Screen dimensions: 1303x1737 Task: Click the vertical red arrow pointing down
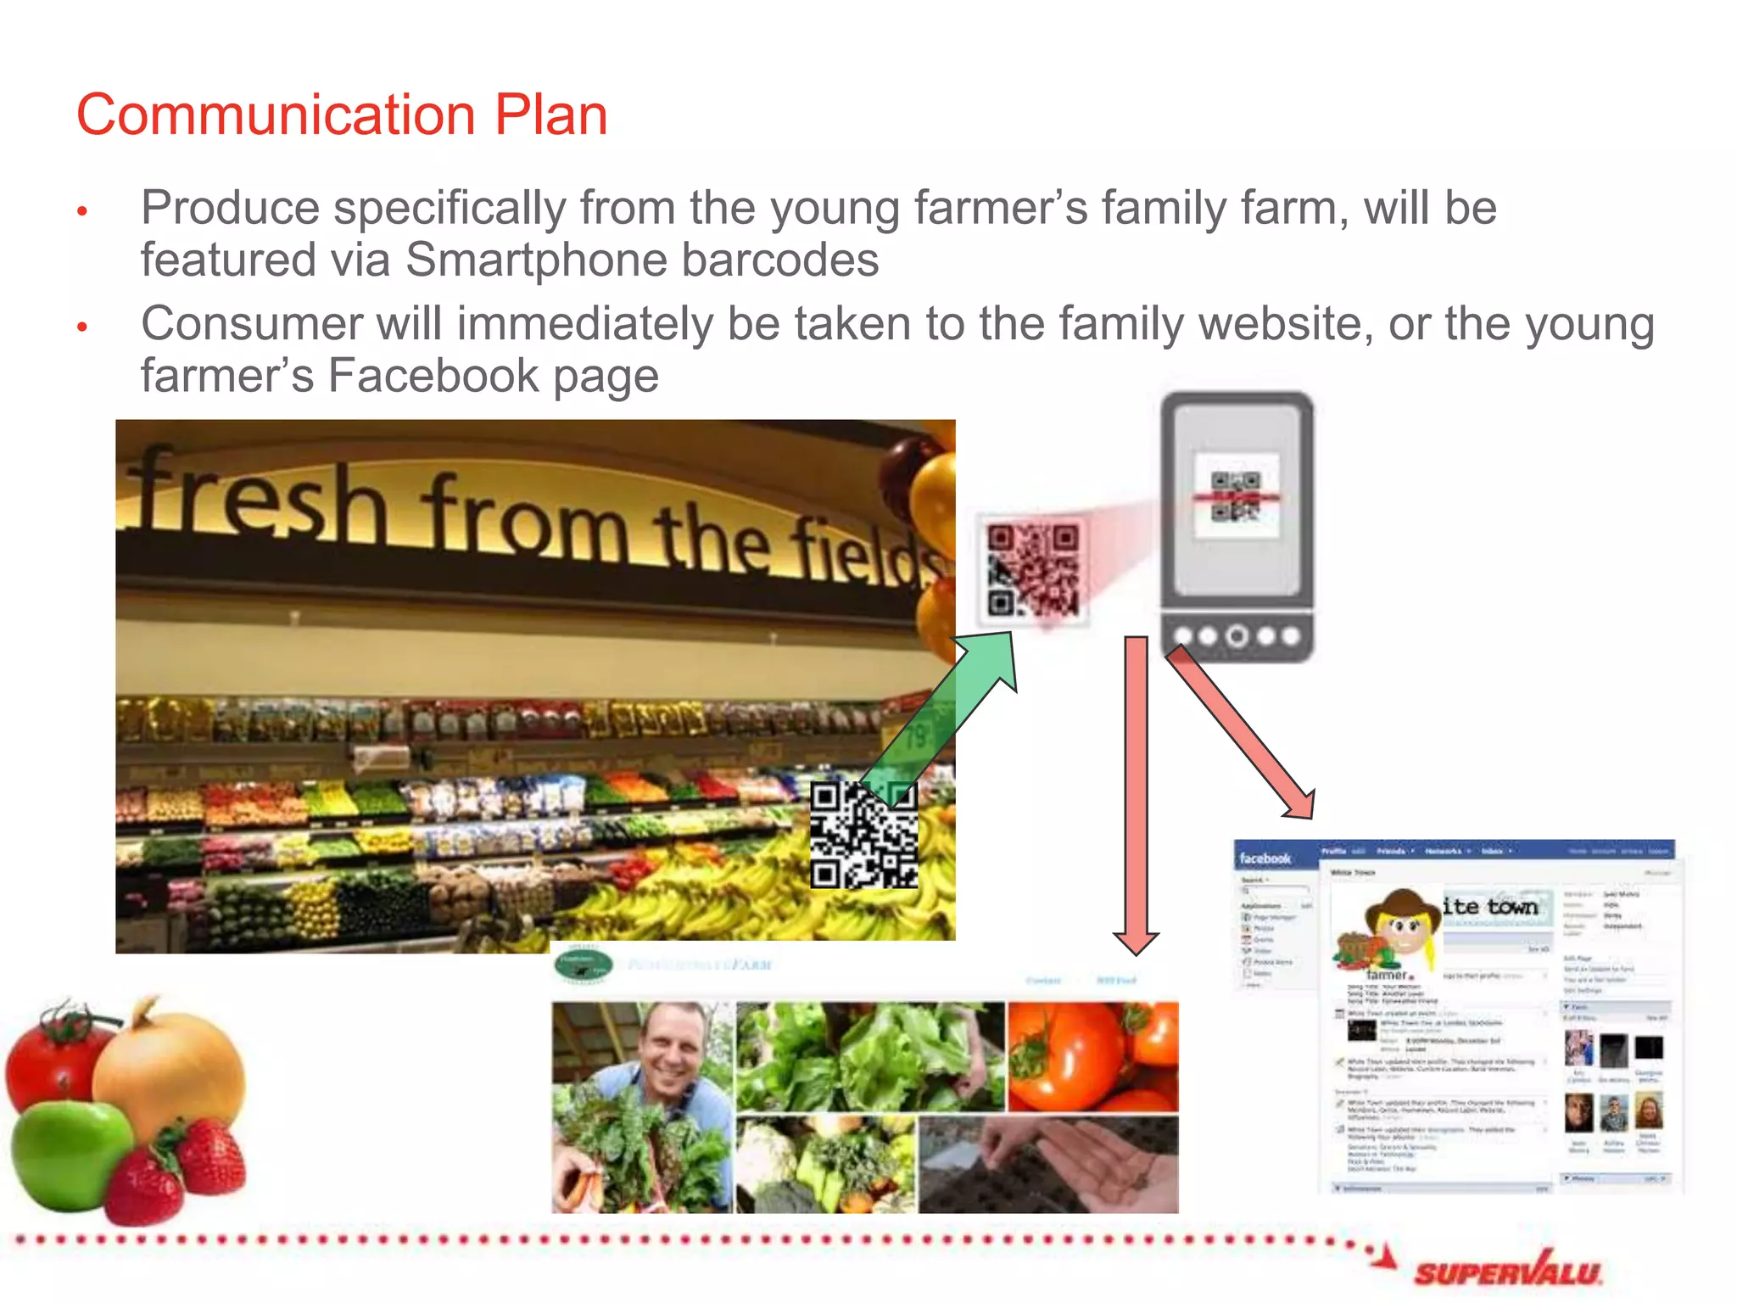(1137, 789)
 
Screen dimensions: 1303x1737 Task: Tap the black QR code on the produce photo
(863, 836)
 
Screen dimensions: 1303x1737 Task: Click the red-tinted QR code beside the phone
(1032, 569)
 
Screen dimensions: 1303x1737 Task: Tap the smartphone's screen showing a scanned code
(1237, 496)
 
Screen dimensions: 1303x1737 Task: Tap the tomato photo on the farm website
(1092, 1056)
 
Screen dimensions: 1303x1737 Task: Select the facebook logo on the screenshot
(1265, 858)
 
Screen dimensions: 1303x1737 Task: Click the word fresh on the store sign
(254, 501)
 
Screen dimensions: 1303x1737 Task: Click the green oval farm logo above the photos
(583, 965)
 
